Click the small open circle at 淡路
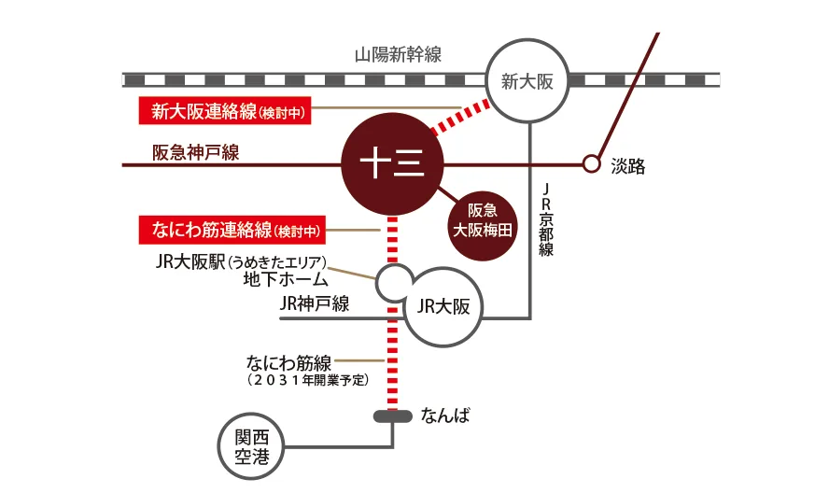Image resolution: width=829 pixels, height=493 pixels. [x=590, y=164]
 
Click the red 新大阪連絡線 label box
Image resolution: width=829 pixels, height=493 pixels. [x=224, y=112]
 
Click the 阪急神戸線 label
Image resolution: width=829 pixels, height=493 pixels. [x=195, y=152]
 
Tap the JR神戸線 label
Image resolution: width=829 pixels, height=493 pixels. [x=315, y=303]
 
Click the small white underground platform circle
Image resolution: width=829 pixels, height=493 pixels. [x=393, y=281]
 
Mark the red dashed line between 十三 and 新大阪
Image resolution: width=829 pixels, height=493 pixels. [x=461, y=117]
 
